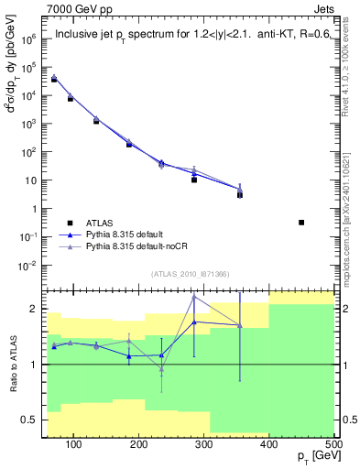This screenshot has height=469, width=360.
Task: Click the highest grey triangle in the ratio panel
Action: tap(194, 297)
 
